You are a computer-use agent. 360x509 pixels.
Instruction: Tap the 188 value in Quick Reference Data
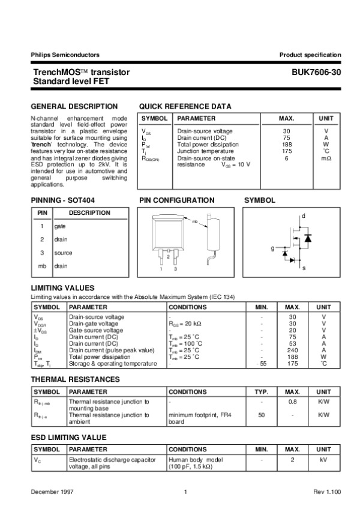pos(286,145)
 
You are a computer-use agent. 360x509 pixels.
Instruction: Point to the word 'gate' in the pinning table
pos(60,226)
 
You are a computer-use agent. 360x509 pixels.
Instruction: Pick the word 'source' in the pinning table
pos(63,253)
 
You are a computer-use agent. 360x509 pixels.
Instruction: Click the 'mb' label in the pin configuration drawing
pos(194,221)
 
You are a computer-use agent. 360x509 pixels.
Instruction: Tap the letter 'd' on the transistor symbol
pos(304,215)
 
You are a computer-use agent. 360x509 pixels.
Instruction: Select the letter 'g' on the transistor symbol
pos(272,248)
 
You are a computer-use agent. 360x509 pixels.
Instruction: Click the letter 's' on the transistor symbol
pos(304,268)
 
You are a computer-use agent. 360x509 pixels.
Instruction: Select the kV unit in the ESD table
pos(323,460)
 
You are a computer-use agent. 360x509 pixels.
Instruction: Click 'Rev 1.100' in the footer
pos(327,492)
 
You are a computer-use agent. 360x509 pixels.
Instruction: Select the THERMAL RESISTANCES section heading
pos(75,379)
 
